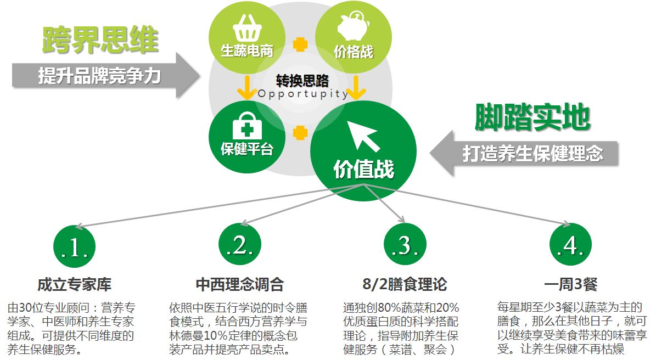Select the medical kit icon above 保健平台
click(247, 126)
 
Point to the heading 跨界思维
click(100, 39)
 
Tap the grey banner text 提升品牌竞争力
click(99, 76)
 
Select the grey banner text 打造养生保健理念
click(532, 153)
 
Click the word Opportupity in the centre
click(303, 94)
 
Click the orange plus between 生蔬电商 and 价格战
click(300, 44)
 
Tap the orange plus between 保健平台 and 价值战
click(300, 133)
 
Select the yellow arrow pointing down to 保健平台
click(247, 88)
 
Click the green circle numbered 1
click(74, 246)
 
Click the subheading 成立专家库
click(74, 285)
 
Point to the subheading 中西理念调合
click(240, 285)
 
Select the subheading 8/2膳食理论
click(405, 285)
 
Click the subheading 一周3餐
click(570, 285)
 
